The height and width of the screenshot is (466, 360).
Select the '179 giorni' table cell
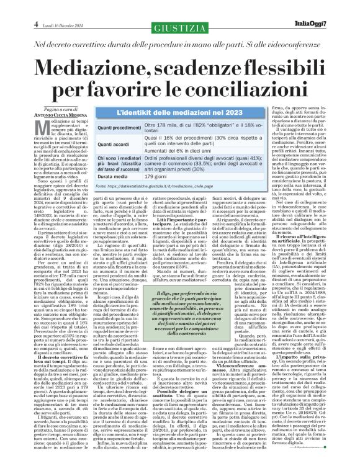click(x=171, y=194)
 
